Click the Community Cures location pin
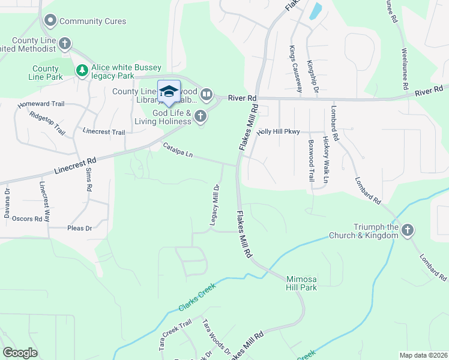pyautogui.click(x=50, y=21)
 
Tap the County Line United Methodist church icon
pyautogui.click(x=65, y=44)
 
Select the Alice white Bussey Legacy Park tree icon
pyautogui.click(x=82, y=71)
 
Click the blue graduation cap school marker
pyautogui.click(x=169, y=91)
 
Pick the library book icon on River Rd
pyautogui.click(x=206, y=94)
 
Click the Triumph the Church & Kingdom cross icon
pyautogui.click(x=408, y=230)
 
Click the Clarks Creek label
pyautogui.click(x=197, y=297)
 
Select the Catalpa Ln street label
pyautogui.click(x=178, y=150)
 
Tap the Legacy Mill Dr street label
pyautogui.click(x=214, y=205)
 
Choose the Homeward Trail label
pyautogui.click(x=41, y=104)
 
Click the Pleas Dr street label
pyautogui.click(x=79, y=229)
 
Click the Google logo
pyautogui.click(x=20, y=353)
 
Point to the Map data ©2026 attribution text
pyautogui.click(x=423, y=355)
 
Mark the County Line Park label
pyautogui.click(x=46, y=73)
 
